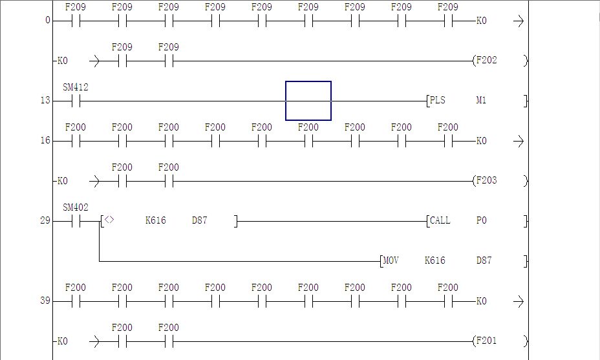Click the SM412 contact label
point(76,87)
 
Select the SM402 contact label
point(76,207)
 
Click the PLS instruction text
point(438,100)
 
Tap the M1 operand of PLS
point(481,100)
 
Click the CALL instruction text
point(440,220)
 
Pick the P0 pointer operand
point(481,220)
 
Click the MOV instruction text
point(391,260)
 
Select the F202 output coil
point(486,60)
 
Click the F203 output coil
point(486,180)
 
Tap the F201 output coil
point(486,341)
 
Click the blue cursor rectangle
point(308,101)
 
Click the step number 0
point(47,20)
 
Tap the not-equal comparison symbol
point(109,220)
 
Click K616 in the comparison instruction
point(155,220)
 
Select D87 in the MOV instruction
point(484,260)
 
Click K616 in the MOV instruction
point(434,260)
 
